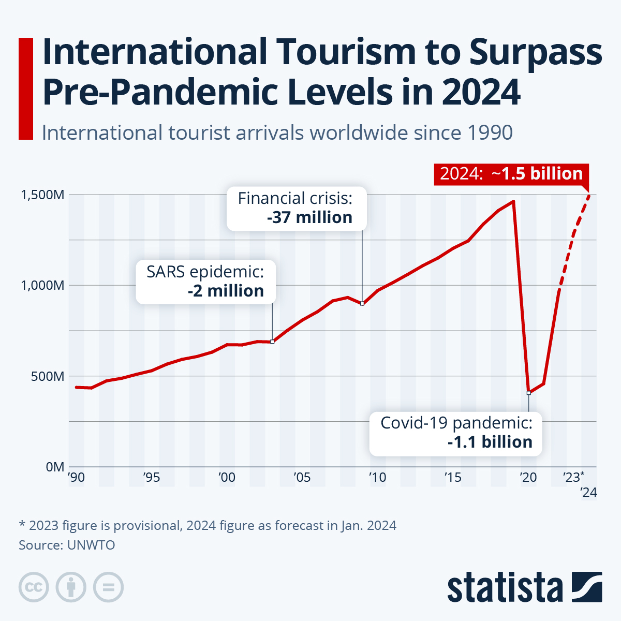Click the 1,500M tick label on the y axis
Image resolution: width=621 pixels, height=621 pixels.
(x=42, y=195)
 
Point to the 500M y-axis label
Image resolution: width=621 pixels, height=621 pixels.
(x=48, y=376)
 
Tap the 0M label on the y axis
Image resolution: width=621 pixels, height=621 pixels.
(x=55, y=467)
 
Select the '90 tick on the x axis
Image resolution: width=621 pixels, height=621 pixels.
(x=76, y=477)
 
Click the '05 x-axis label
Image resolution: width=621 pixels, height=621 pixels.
(x=302, y=477)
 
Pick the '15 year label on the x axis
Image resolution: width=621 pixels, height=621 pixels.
(x=453, y=477)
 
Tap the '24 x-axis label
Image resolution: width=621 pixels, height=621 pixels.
(x=588, y=492)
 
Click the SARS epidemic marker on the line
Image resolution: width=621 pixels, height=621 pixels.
(x=272, y=342)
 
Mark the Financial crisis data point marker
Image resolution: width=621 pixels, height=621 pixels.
(x=362, y=303)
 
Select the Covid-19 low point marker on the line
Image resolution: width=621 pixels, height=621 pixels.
(x=528, y=393)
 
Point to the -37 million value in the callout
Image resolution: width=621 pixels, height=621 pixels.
(x=309, y=218)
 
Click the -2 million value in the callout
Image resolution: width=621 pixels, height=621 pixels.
(x=226, y=291)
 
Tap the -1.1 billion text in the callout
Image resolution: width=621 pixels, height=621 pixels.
(x=490, y=442)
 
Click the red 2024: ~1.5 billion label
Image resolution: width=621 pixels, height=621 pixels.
(x=511, y=174)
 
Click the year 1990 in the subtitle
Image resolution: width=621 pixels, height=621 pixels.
(x=489, y=133)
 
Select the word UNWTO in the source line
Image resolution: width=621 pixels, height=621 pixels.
(x=91, y=545)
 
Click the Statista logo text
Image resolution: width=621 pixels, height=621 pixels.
(x=505, y=587)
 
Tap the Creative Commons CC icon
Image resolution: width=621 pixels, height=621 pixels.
(x=34, y=587)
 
